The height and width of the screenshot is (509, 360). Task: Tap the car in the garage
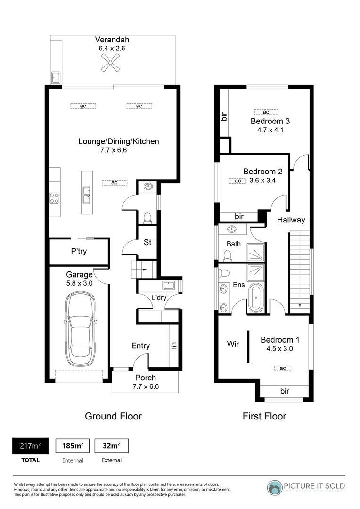79,329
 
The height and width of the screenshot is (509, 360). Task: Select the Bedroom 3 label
270,121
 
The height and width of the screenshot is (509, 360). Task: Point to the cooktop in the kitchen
54,198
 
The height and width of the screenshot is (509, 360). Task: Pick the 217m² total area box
30,446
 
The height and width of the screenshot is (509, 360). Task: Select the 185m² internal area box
73,446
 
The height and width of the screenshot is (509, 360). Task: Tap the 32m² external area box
111,446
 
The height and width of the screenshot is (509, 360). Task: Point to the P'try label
79,252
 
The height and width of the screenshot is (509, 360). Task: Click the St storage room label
147,243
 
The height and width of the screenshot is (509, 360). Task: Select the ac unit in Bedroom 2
237,181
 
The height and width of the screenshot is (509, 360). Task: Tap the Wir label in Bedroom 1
233,344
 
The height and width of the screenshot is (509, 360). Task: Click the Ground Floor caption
113,416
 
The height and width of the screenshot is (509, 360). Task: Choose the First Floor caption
264,416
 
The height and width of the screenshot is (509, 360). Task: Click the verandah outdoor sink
56,77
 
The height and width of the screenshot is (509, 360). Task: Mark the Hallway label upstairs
291,220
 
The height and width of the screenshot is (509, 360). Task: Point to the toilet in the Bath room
228,255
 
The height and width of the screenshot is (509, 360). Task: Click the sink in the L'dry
168,285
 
